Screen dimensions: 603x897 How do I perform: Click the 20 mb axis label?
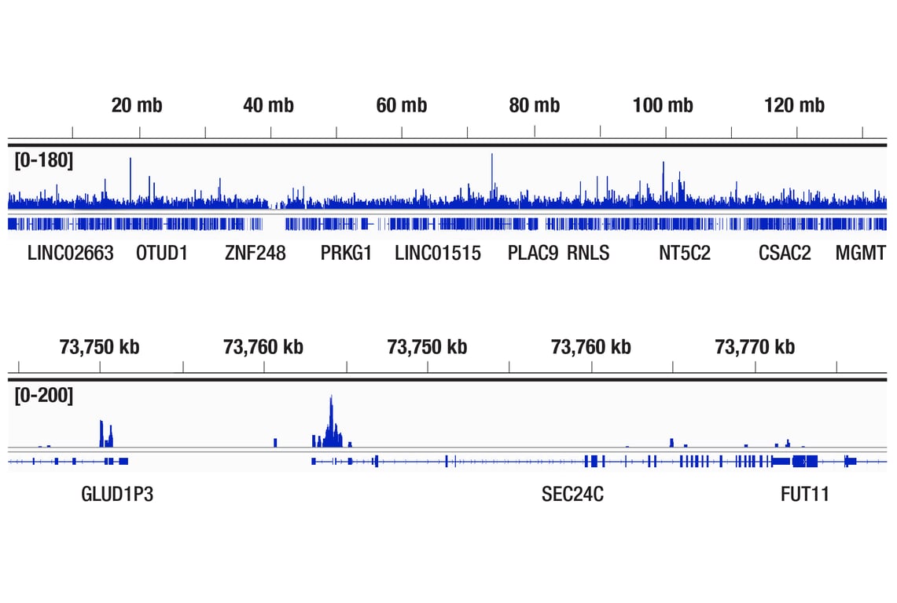tap(137, 105)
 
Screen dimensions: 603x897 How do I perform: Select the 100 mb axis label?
tap(663, 105)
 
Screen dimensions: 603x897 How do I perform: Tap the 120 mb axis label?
tap(794, 105)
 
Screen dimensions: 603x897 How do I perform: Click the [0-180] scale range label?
tap(44, 161)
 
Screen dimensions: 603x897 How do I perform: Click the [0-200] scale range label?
tap(44, 396)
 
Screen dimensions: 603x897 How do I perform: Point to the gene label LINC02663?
tap(71, 254)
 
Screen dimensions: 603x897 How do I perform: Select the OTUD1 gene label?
tap(162, 254)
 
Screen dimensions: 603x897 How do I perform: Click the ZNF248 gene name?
tap(255, 254)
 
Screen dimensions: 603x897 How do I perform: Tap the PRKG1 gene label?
tap(346, 254)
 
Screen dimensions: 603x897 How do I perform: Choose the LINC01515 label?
tap(438, 254)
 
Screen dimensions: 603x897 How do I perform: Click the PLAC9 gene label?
tap(533, 254)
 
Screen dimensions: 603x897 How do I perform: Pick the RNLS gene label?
tap(588, 254)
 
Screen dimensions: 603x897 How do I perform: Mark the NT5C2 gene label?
tap(685, 254)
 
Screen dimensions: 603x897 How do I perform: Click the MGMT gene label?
tap(860, 254)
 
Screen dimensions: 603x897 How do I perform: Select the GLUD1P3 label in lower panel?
tap(117, 495)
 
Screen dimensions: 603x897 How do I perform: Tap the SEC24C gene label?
tap(572, 495)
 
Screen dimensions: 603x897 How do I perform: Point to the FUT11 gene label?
tap(805, 495)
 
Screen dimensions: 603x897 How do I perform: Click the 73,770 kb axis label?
tap(755, 346)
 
